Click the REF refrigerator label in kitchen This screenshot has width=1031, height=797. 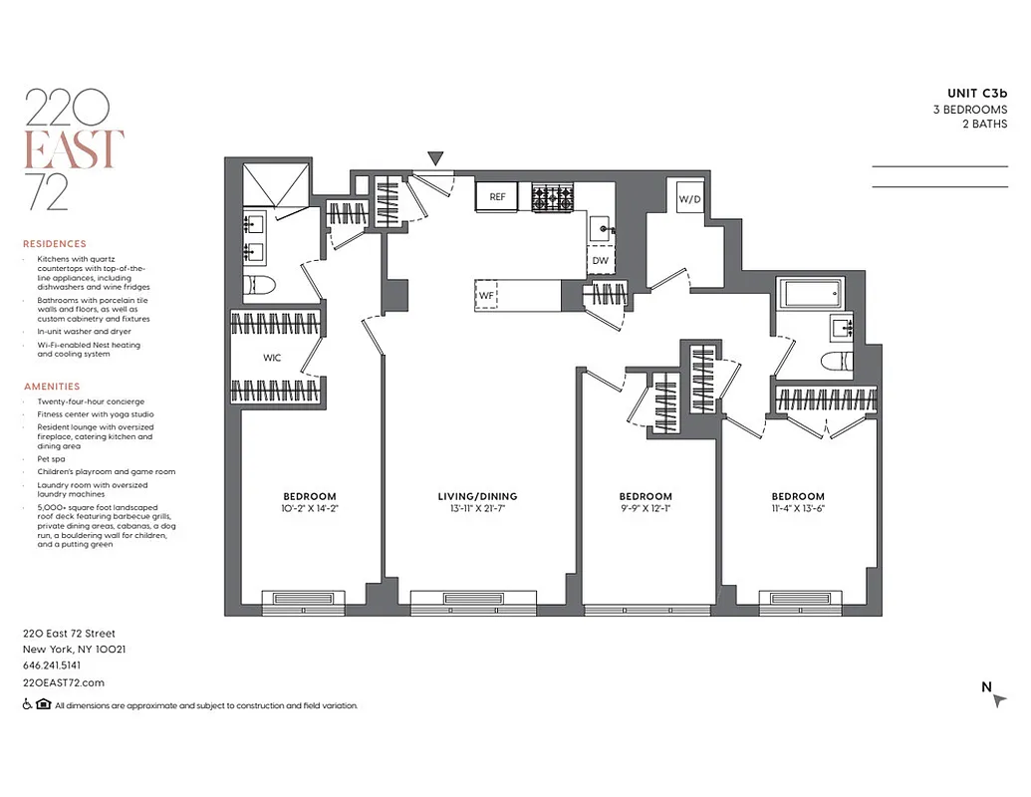[497, 197]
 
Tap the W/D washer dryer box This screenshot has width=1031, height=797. [689, 198]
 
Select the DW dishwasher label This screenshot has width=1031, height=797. [600, 261]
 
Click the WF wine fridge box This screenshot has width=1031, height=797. [487, 295]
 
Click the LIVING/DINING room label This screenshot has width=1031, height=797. [477, 496]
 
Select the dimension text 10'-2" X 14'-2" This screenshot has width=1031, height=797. [310, 508]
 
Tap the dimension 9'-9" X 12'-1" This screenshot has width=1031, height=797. [644, 508]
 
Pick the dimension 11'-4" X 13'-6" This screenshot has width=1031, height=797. [798, 508]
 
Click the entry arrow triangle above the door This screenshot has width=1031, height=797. [435, 157]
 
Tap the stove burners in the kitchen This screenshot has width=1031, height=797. [553, 197]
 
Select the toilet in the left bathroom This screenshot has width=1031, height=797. [259, 286]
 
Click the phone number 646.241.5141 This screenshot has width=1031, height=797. [52, 665]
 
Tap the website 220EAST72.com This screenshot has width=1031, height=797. [63, 682]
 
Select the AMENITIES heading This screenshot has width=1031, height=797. [51, 387]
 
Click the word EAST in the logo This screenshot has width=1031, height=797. [73, 149]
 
